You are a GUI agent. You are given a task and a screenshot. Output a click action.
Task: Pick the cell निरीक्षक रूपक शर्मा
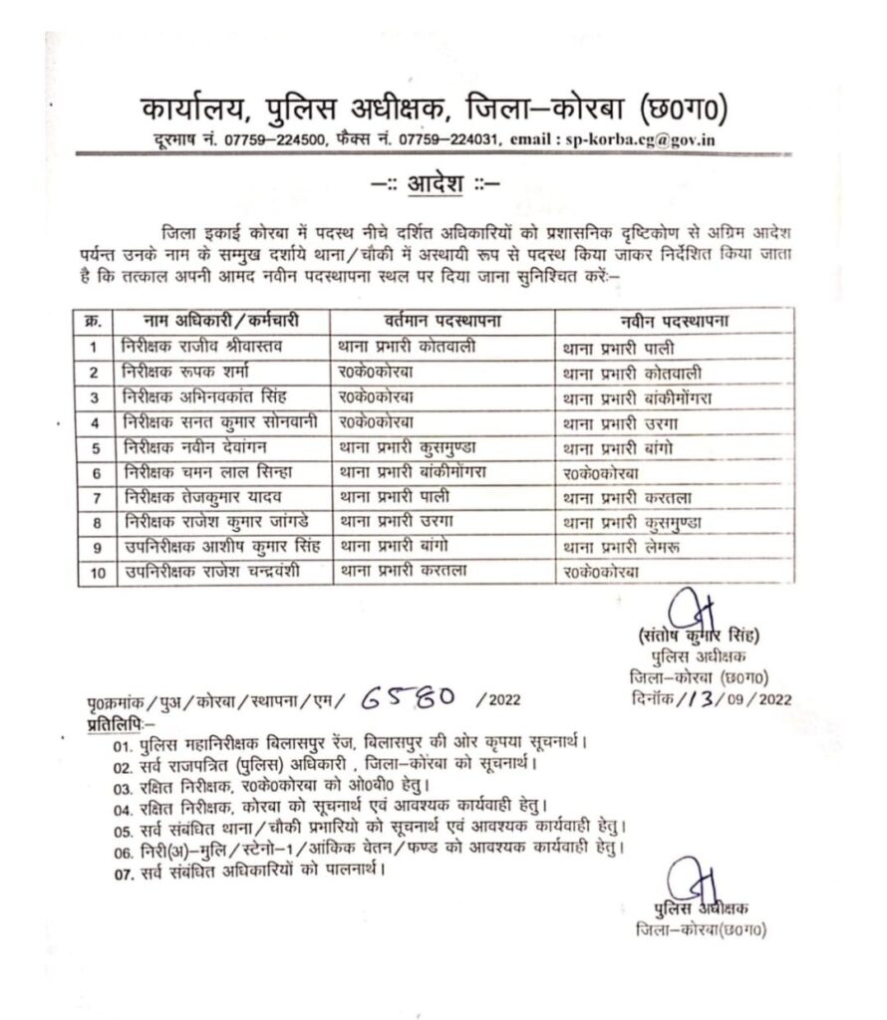(189, 372)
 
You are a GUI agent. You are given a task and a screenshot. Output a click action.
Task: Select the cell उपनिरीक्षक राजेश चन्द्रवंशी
(212, 572)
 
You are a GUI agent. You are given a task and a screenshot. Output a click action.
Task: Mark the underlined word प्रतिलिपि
(116, 718)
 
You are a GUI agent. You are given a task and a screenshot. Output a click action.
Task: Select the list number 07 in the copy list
(123, 871)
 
